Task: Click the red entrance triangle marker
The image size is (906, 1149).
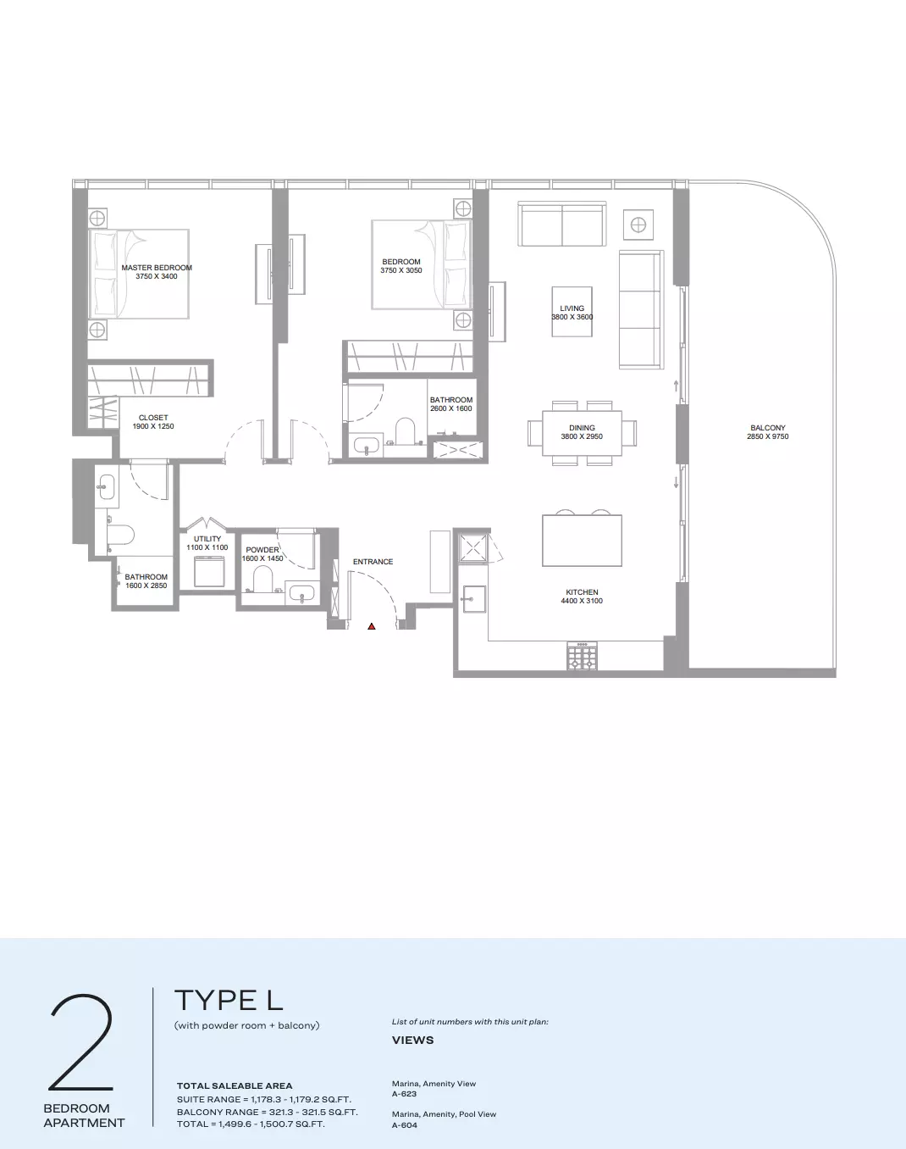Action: (372, 626)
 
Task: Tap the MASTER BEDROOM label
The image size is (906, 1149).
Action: (157, 268)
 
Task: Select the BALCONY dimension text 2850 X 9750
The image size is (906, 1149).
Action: (767, 436)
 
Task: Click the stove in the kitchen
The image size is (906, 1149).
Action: (582, 656)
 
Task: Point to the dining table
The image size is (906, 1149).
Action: (582, 433)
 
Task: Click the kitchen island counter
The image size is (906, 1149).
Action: (582, 541)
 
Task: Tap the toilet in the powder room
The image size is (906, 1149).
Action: (262, 579)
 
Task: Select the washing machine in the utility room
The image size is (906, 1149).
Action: (209, 571)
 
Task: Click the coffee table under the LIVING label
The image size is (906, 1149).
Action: (572, 312)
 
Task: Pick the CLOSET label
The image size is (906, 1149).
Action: (153, 418)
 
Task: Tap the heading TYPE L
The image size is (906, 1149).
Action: (229, 1000)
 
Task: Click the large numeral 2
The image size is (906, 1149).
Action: (81, 1042)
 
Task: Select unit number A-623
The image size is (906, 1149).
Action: (405, 1093)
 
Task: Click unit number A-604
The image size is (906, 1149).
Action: (405, 1125)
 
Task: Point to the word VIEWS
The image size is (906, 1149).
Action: (413, 1040)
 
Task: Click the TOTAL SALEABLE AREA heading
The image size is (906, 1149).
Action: (235, 1085)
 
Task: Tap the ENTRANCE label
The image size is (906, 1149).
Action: (373, 562)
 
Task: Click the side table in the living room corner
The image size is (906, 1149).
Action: (638, 225)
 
